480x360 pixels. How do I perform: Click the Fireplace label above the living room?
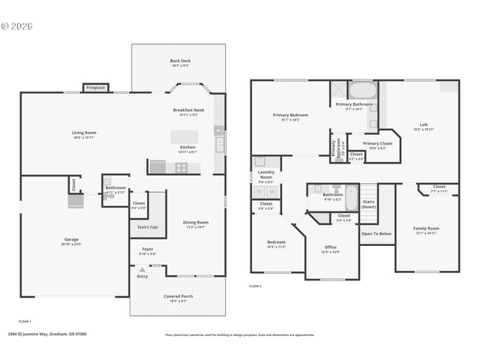tap(96, 88)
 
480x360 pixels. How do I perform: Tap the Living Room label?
tap(84, 133)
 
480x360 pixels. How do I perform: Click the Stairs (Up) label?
tap(148, 226)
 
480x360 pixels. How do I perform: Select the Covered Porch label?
tap(178, 296)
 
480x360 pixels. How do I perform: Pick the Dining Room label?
tap(196, 222)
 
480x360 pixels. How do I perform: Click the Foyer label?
tap(147, 249)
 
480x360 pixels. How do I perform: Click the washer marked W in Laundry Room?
tap(272, 191)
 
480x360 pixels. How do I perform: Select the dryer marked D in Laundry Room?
tap(259, 191)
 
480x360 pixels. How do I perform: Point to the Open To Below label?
tap(376, 233)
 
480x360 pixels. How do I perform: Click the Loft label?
tap(424, 124)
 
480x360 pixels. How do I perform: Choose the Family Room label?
tap(426, 228)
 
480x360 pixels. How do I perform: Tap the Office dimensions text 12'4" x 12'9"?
tap(330, 252)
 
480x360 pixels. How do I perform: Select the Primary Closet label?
tap(377, 143)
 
